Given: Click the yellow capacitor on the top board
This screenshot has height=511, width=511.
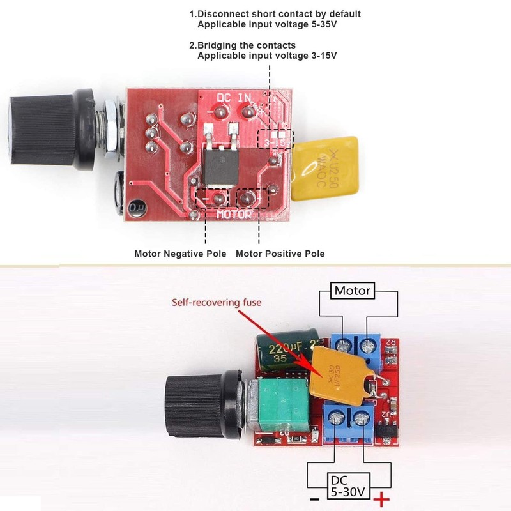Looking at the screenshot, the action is [x=317, y=169].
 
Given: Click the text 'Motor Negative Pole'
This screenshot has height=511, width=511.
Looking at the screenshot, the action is [x=180, y=254].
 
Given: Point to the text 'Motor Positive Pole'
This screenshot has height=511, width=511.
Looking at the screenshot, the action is [x=280, y=254].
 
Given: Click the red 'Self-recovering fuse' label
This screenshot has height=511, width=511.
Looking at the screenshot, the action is [x=217, y=302].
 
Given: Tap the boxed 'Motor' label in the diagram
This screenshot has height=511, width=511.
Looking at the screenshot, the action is [x=353, y=291].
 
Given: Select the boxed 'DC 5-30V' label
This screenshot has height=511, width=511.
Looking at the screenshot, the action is [x=349, y=486].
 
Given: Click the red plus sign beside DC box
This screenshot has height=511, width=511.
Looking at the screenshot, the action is [x=382, y=499].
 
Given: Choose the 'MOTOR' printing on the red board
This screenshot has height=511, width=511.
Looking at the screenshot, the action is [x=234, y=215].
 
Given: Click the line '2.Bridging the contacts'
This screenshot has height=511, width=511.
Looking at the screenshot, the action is [x=242, y=45].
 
